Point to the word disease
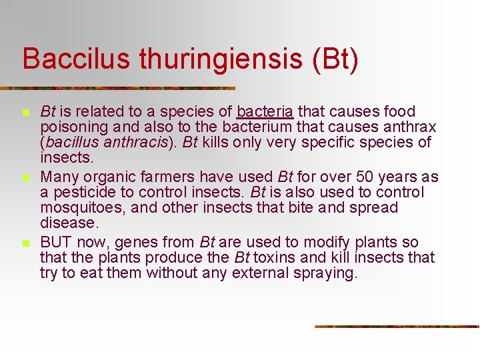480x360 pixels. coord(69,223)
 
